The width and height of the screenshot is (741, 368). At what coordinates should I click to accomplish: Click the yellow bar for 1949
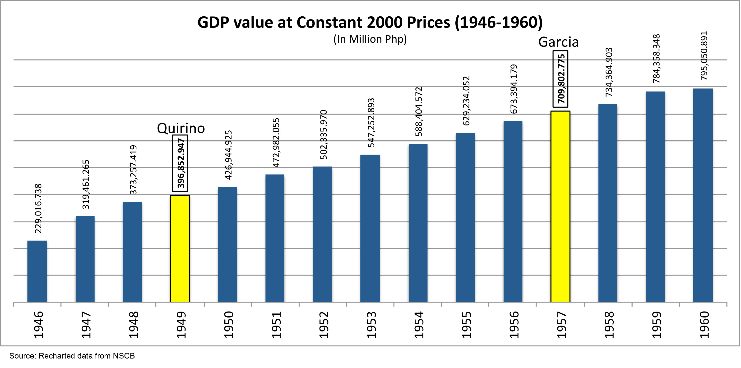(x=180, y=249)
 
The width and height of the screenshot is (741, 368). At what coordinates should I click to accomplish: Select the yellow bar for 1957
(x=560, y=207)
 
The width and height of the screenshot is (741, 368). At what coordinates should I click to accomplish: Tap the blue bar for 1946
(x=37, y=271)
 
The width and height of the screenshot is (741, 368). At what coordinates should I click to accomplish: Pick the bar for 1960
(x=703, y=195)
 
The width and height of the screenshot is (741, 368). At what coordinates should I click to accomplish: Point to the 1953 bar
(x=370, y=228)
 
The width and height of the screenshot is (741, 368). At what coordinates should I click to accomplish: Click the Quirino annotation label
(x=181, y=128)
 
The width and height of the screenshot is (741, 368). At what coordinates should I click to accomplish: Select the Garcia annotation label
(x=558, y=42)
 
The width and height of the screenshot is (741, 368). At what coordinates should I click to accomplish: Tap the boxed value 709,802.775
(x=560, y=79)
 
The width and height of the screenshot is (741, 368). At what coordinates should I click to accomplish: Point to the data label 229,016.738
(x=38, y=208)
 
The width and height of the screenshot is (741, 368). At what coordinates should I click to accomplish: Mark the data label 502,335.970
(x=323, y=134)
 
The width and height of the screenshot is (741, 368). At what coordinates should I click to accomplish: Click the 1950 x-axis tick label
(x=228, y=325)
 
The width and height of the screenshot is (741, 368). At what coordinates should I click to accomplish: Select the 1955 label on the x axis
(x=466, y=325)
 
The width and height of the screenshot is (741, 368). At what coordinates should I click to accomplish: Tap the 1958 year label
(x=609, y=325)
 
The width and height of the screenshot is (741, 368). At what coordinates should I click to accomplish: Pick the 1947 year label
(x=86, y=325)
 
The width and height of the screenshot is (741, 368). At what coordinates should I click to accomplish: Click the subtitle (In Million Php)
(x=370, y=39)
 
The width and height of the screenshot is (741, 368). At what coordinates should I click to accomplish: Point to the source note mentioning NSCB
(x=72, y=356)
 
